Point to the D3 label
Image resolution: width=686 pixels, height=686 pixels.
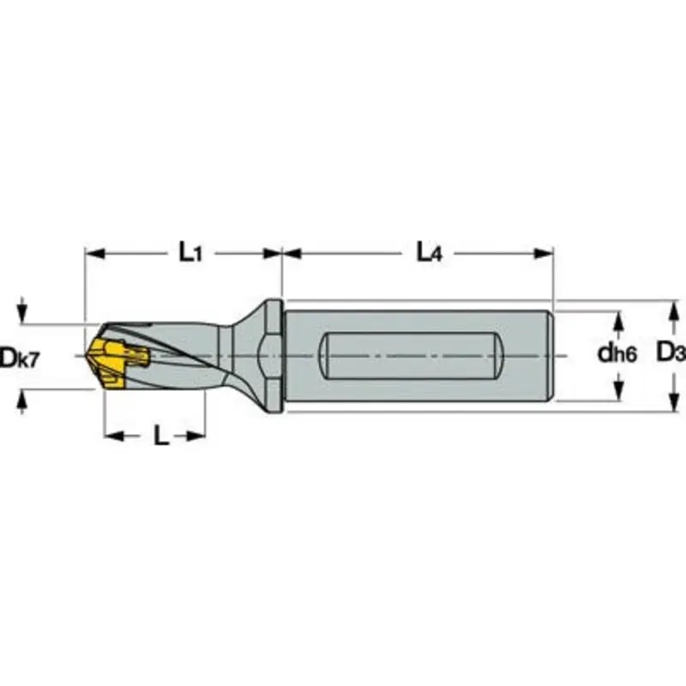tap(671, 352)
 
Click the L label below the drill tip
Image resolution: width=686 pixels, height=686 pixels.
tap(160, 436)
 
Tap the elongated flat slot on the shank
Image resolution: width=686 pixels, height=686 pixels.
tap(411, 354)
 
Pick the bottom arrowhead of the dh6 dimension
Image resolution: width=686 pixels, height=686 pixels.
tap(617, 394)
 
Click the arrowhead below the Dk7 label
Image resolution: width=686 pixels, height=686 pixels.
tap(23, 397)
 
